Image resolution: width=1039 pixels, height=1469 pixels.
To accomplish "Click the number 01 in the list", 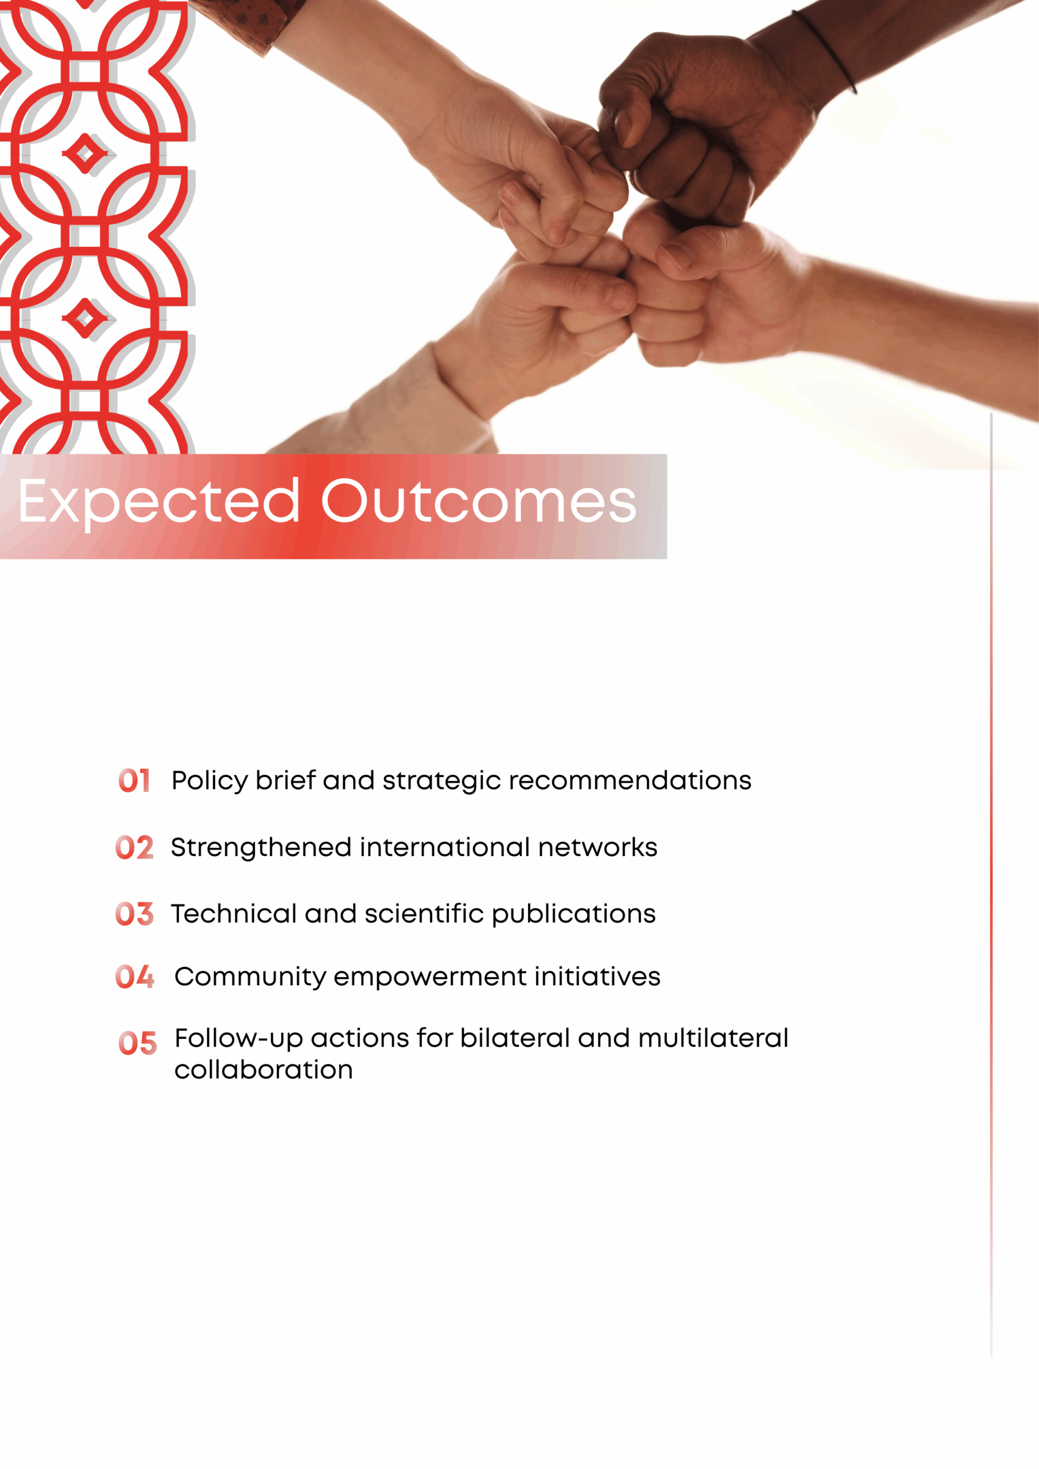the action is click(134, 780).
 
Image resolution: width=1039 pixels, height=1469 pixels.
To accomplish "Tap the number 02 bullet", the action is click(134, 848).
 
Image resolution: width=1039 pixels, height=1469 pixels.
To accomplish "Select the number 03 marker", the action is click(134, 914).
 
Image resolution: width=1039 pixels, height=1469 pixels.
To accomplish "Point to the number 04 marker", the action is click(134, 977).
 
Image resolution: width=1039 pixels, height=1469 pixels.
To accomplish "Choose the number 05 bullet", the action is click(138, 1044).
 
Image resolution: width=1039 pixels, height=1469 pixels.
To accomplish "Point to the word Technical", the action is click(234, 914).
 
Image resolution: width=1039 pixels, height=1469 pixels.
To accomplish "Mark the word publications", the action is click(573, 915).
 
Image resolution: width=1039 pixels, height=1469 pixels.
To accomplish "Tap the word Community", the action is click(250, 978).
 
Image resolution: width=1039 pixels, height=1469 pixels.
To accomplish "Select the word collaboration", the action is click(263, 1070).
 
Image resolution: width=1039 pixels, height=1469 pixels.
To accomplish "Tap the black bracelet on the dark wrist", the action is click(826, 51).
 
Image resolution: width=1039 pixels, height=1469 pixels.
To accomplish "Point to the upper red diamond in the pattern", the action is click(84, 154).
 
